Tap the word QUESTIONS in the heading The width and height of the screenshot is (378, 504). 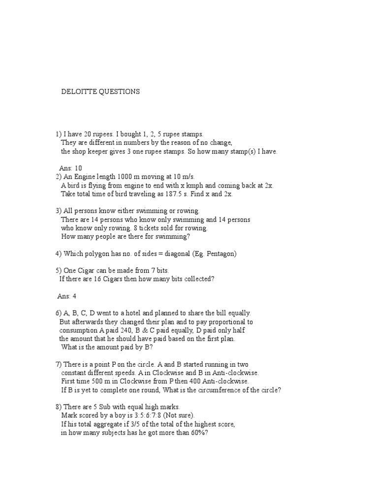click(120, 92)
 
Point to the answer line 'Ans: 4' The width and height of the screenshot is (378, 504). click(67, 296)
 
